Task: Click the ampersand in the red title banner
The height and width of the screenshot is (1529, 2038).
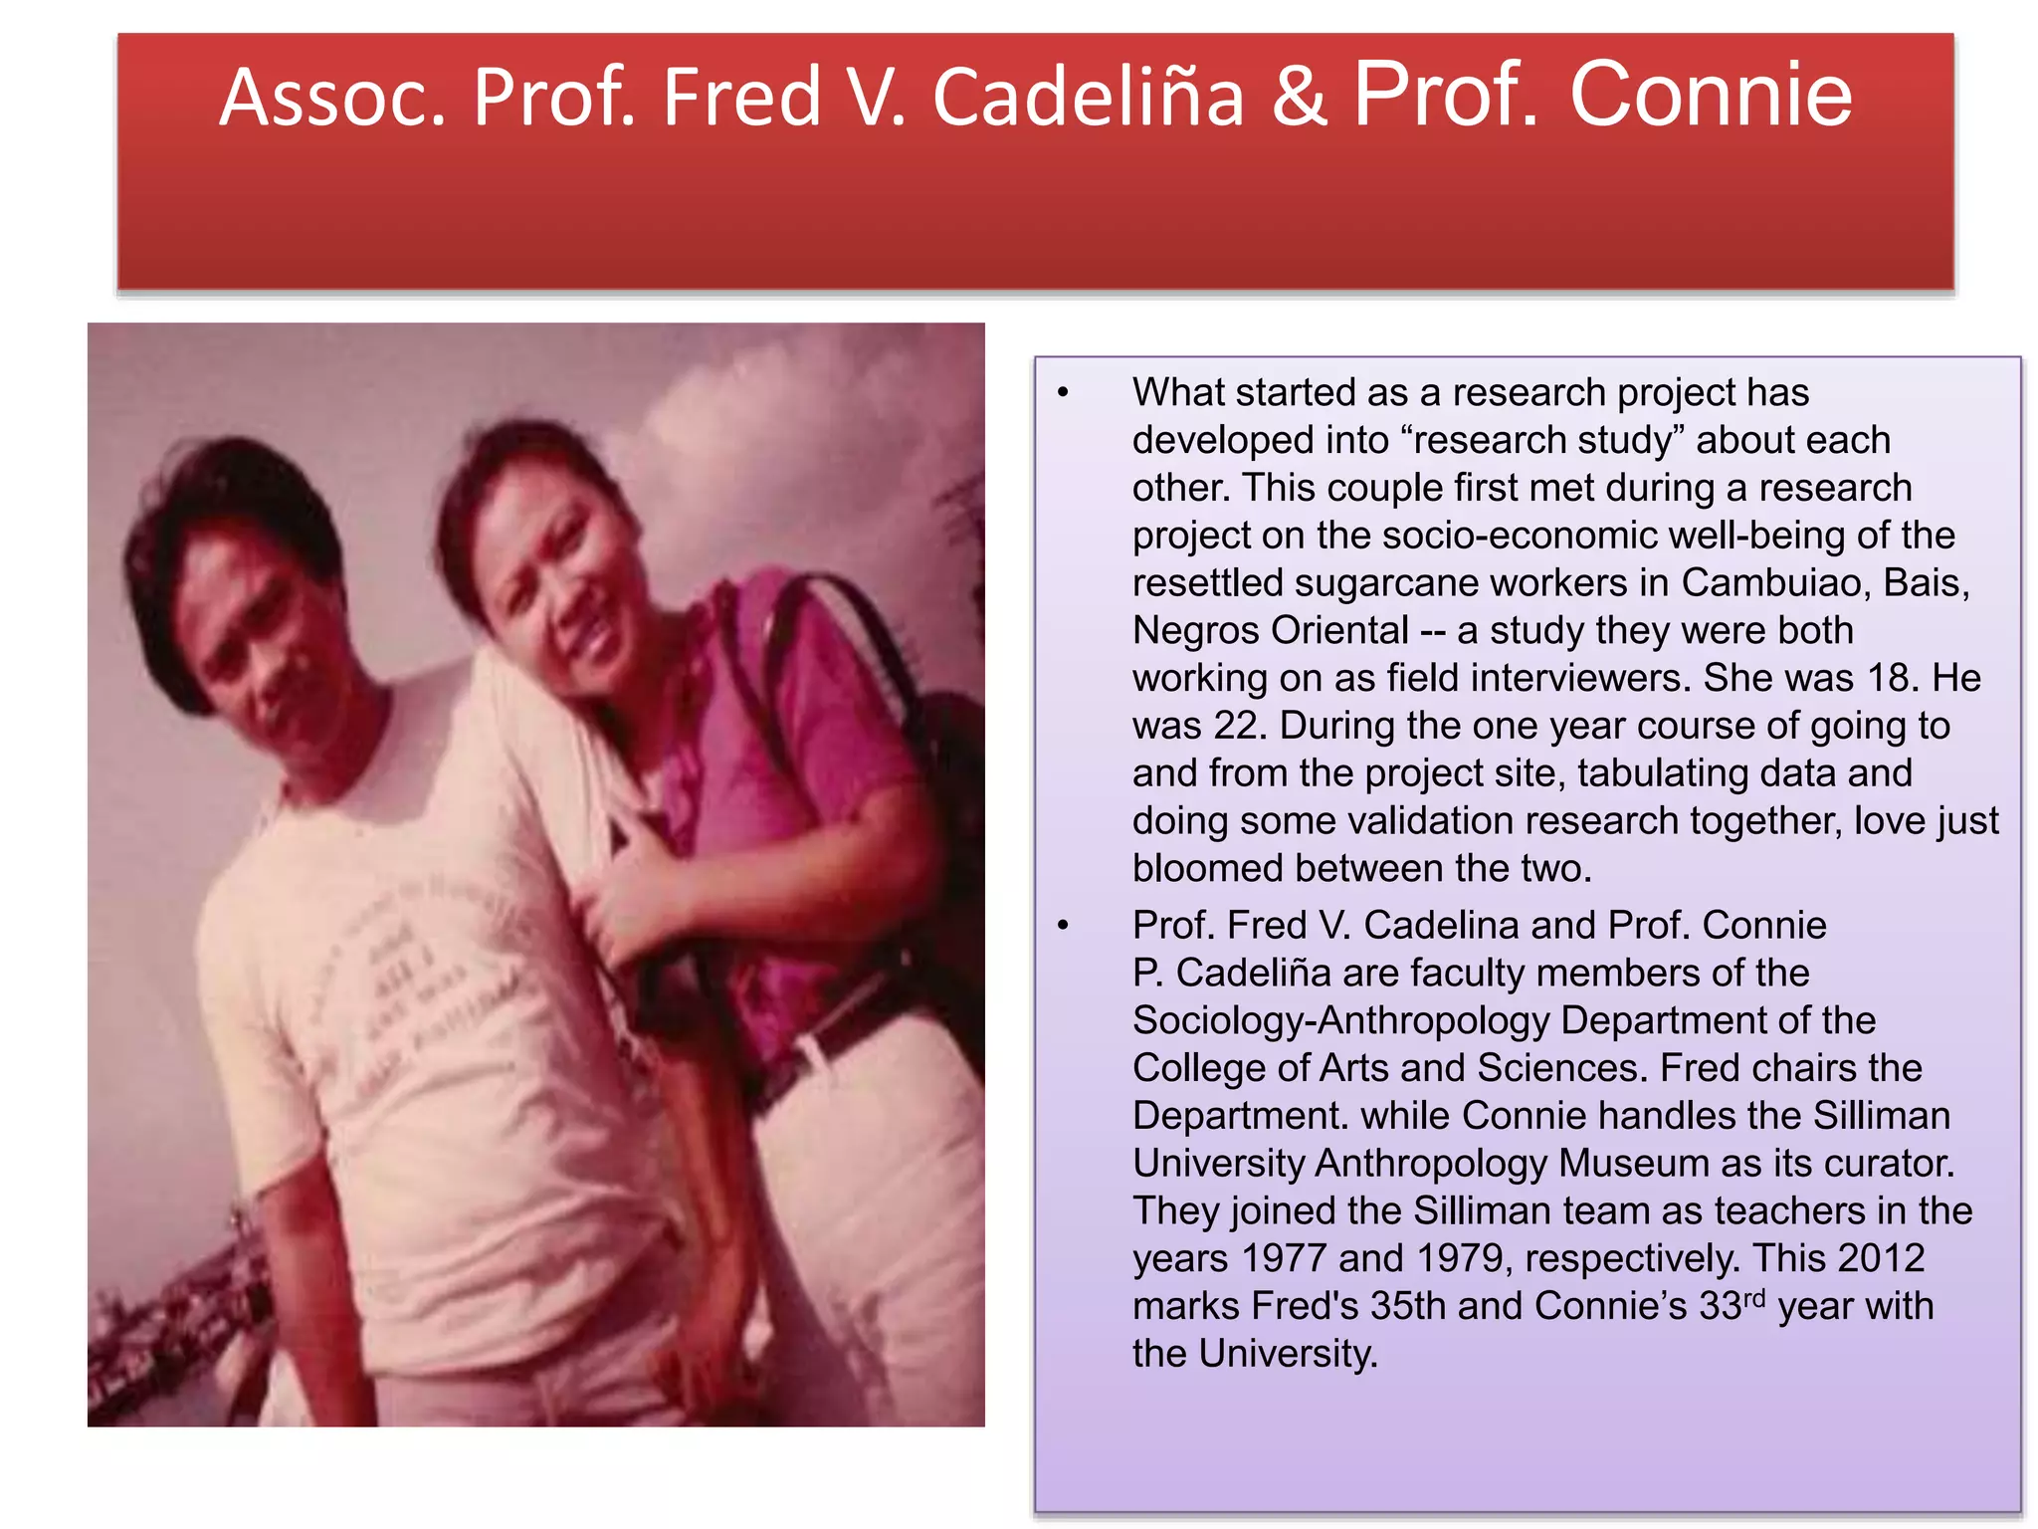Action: coord(1299,98)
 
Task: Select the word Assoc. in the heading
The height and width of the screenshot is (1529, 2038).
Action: coord(333,98)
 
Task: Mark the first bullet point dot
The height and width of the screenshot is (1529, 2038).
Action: coord(1063,393)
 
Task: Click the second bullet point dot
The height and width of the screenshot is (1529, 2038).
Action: coord(1063,926)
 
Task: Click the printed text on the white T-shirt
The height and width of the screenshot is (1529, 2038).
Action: coord(418,985)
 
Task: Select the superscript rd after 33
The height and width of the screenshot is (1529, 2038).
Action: coord(1754,1297)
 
